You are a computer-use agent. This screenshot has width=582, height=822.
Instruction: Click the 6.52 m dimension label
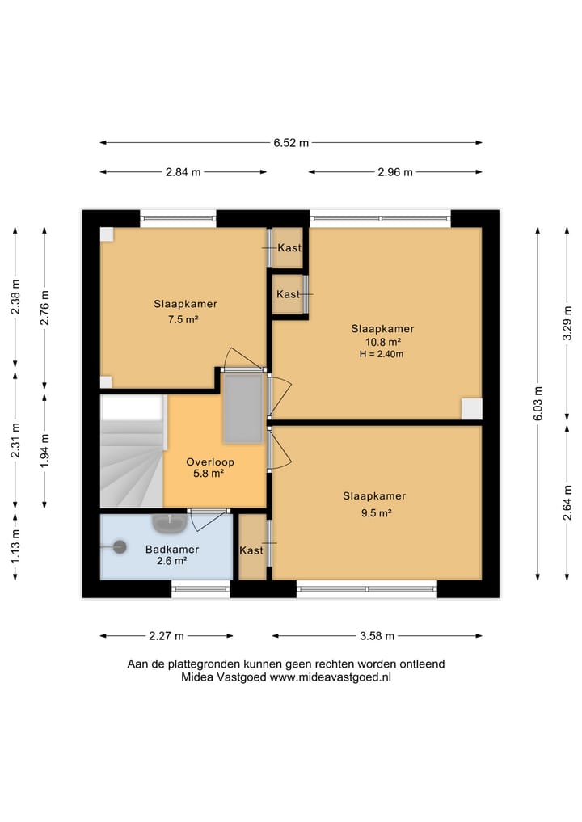291,142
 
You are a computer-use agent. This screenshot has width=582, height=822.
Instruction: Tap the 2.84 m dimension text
183,172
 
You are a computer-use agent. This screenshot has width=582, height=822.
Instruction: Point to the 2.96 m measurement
394,172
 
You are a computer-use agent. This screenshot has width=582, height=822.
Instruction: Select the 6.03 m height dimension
538,403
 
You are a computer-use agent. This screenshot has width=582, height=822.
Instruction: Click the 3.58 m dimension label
377,636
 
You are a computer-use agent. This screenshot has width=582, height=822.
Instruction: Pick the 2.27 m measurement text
167,636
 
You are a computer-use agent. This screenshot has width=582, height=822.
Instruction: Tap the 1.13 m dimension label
15,546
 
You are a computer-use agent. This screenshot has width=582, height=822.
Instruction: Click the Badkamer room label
172,550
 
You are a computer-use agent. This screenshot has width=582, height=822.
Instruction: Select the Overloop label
209,462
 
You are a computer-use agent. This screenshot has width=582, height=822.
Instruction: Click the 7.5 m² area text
183,318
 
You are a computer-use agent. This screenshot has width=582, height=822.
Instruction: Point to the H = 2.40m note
382,354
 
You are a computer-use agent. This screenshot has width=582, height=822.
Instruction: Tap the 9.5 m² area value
376,512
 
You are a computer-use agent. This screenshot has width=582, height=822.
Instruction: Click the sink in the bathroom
170,523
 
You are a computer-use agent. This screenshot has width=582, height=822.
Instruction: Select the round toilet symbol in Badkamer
120,547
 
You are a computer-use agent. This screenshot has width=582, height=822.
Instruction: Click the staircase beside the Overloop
132,451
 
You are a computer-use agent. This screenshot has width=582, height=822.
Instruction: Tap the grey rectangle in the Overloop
242,408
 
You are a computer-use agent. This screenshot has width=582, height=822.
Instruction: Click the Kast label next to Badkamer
251,550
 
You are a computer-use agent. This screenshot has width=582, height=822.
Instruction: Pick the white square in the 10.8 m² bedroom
471,409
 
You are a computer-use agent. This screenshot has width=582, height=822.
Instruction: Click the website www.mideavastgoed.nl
331,677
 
